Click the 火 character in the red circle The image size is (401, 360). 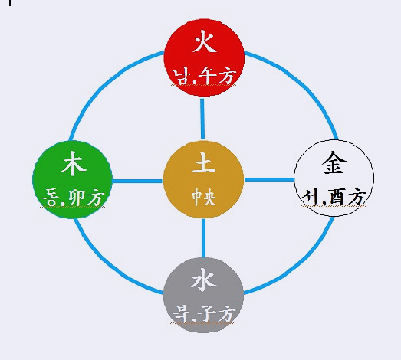[205, 41]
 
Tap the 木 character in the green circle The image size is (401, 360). [74, 163]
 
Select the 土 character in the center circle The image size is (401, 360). [204, 162]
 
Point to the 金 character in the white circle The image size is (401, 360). [334, 162]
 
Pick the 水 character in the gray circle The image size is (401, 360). [204, 280]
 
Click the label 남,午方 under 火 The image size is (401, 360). [205, 77]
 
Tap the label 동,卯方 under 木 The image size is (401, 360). [73, 198]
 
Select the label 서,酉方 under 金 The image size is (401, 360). [334, 197]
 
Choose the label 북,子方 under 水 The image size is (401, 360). [204, 314]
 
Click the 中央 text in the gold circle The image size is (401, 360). [204, 197]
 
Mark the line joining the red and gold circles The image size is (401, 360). [202, 119]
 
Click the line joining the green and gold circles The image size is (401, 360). [137, 181]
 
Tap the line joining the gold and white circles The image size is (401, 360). [269, 179]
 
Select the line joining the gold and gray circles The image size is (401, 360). [204, 238]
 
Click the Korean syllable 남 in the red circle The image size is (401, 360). [182, 77]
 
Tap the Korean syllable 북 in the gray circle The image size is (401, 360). [181, 314]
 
